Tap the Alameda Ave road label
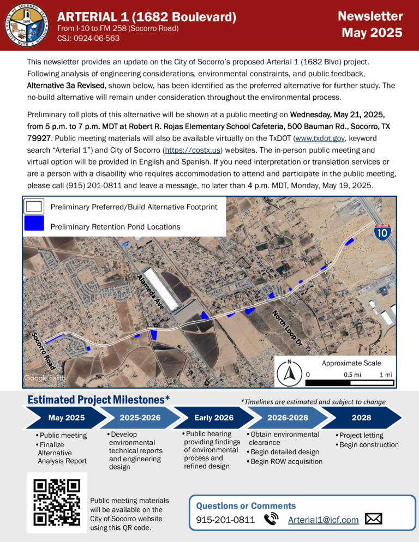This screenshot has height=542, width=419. tap(150, 292)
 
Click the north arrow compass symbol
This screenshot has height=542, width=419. tap(290, 374)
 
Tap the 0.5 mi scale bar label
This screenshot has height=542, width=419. tap(351, 375)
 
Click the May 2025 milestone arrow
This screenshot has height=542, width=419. tap(63, 418)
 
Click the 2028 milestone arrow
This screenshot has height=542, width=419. tap(361, 418)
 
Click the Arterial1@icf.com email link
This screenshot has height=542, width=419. tap(323, 520)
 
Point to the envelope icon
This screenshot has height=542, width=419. tap(373, 519)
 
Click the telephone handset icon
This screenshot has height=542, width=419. tap(271, 520)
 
